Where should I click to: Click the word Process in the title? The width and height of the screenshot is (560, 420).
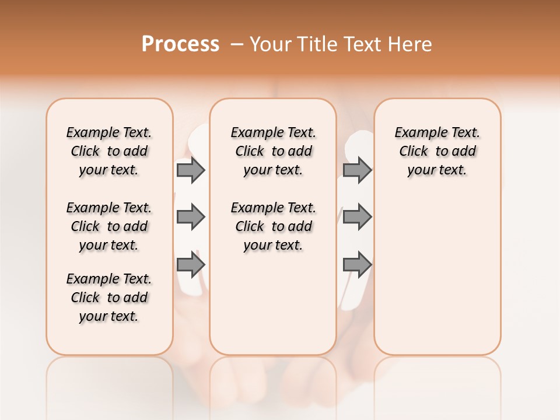coord(180,44)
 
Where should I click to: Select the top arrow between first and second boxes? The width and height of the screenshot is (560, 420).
coord(191,170)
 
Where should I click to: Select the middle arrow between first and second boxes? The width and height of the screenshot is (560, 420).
coord(191,217)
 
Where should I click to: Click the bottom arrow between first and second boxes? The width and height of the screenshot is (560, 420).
coord(191,264)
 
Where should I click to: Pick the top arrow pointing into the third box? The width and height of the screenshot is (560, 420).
coord(357,170)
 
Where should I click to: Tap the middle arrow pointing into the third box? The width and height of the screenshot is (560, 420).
coord(357,217)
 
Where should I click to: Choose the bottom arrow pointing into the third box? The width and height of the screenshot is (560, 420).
coord(357,264)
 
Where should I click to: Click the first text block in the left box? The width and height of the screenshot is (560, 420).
coord(109,151)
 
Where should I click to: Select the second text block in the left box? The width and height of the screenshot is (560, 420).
coord(109,226)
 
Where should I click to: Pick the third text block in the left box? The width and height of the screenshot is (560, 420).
coord(109,297)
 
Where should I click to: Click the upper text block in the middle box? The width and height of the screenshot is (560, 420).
coord(273,151)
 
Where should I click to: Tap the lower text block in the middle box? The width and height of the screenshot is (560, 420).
coord(273,226)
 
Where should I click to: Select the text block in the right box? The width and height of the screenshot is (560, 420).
coord(437,151)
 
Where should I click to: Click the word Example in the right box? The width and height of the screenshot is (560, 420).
coord(416,133)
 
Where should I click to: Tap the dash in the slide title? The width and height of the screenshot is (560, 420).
coord(236,44)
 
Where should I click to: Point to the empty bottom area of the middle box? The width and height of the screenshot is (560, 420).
coord(273,309)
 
